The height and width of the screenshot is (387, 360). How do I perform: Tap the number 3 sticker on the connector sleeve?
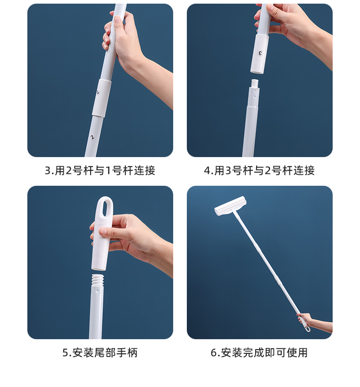tap(260, 53)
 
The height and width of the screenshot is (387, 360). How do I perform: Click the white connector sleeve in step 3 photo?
tap(101, 98)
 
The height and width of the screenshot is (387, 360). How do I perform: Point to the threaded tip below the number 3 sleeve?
tap(255, 83)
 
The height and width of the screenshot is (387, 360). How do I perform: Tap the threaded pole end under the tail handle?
tap(98, 279)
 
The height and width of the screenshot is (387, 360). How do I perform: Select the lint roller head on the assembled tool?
tap(230, 206)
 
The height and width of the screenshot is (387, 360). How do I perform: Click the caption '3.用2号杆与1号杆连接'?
tap(100, 171)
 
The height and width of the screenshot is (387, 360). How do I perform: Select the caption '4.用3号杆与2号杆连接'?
tap(259, 171)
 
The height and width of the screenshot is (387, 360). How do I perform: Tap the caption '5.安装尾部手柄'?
tap(100, 352)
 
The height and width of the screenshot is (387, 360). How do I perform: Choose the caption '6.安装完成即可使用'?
tap(259, 352)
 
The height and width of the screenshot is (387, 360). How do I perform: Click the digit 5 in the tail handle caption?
tap(65, 353)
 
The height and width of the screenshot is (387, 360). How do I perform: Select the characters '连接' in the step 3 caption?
tap(144, 171)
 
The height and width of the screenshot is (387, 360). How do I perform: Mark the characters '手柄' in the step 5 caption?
tap(127, 352)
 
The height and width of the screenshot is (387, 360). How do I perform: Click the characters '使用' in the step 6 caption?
tap(297, 352)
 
